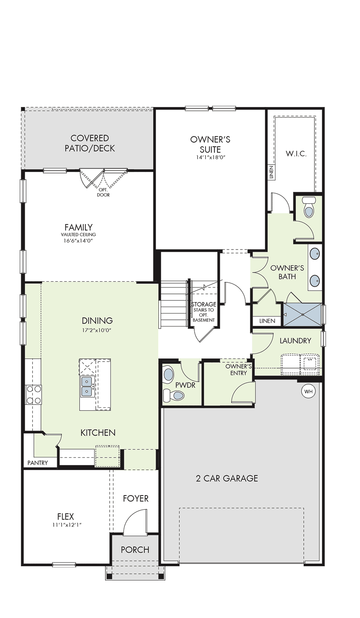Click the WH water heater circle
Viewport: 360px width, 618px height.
pyautogui.click(x=308, y=391)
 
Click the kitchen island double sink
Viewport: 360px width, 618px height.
pyautogui.click(x=87, y=387)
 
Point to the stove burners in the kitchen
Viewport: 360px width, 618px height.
pyautogui.click(x=33, y=395)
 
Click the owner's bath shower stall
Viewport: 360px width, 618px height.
pyautogui.click(x=302, y=314)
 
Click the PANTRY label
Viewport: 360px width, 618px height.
pyautogui.click(x=37, y=463)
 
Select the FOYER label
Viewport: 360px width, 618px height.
pyautogui.click(x=136, y=498)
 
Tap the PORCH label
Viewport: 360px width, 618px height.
pyautogui.click(x=135, y=550)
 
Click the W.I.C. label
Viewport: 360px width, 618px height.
pyautogui.click(x=296, y=154)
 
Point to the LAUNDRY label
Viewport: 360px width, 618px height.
pyautogui.click(x=295, y=341)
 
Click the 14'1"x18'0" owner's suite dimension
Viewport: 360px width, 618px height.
pyautogui.click(x=210, y=158)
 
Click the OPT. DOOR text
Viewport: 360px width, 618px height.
pyautogui.click(x=103, y=192)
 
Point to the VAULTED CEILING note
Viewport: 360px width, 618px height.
pyautogui.click(x=78, y=234)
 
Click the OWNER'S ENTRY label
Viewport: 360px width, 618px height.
pyautogui.click(x=239, y=370)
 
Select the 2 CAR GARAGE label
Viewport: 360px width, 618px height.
pyautogui.click(x=227, y=478)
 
